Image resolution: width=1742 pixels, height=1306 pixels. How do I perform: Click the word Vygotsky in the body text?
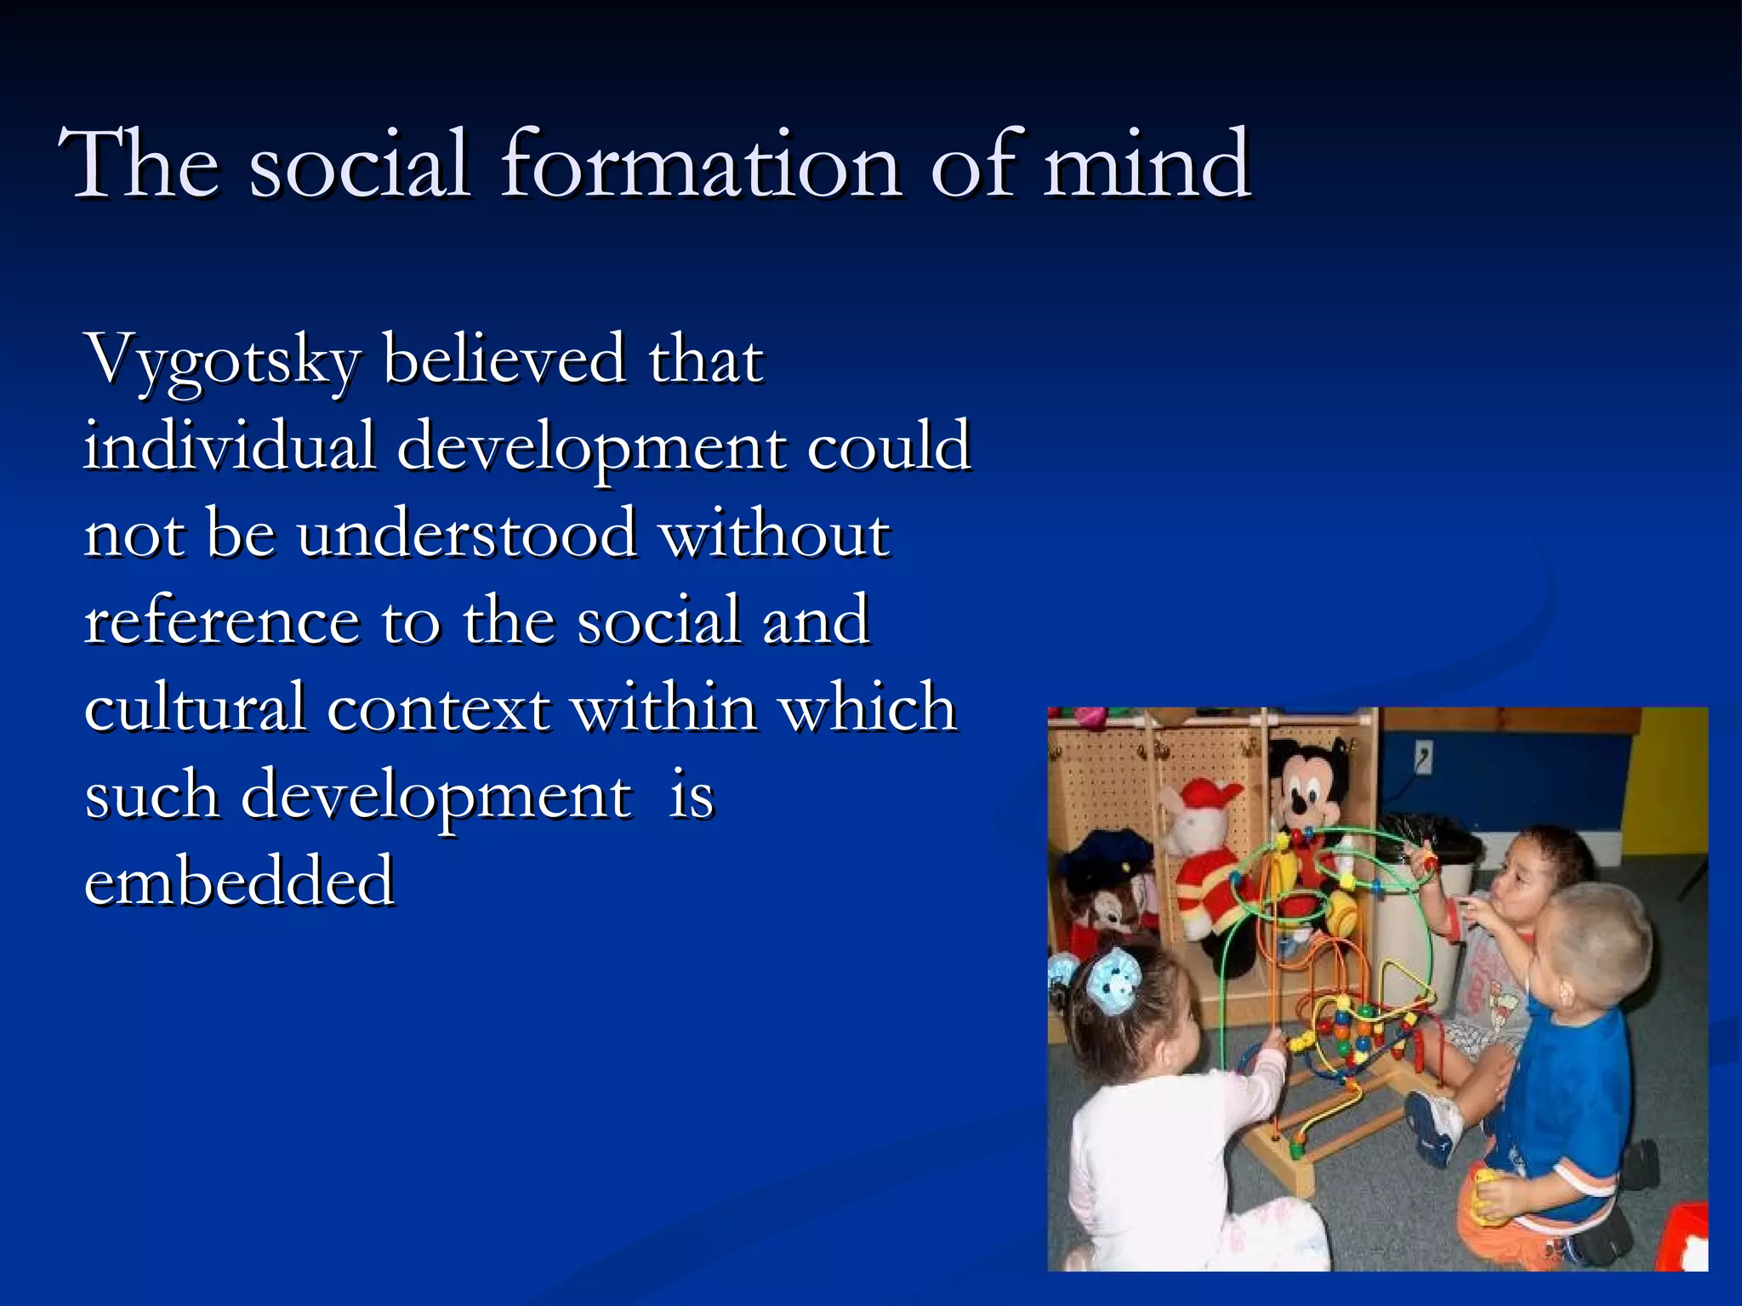223,361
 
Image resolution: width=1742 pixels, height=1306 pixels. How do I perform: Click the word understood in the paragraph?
466,534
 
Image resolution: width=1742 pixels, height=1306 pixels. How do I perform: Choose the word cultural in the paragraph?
195,707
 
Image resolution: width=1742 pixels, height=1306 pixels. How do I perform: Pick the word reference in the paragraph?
221,621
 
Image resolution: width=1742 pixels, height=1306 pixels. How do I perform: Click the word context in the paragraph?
438,708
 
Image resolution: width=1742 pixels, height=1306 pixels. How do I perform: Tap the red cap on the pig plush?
1209,794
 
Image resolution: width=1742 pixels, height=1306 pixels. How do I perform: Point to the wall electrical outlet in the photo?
1423,756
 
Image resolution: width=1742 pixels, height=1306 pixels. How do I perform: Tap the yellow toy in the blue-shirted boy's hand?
1485,1195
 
